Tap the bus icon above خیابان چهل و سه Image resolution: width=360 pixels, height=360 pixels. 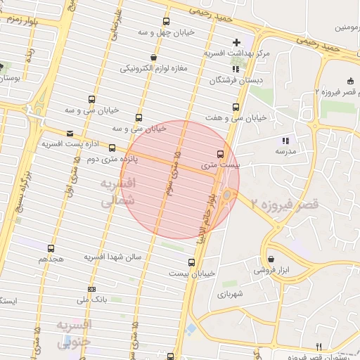click(x=166, y=22)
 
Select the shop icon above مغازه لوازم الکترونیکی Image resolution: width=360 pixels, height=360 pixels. click(x=153, y=58)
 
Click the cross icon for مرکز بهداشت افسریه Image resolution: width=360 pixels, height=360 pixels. click(x=236, y=43)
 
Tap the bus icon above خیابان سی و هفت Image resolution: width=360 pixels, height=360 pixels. click(x=235, y=108)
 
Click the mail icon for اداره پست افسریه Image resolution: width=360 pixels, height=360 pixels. click(x=69, y=134)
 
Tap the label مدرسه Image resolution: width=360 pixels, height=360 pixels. click(x=285, y=151)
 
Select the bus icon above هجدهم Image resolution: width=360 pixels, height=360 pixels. click(x=51, y=248)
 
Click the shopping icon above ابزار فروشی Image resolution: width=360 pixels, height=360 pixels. click(x=271, y=259)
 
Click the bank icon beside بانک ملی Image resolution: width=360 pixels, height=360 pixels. click(x=91, y=289)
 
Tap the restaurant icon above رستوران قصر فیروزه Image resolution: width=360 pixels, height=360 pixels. click(x=319, y=347)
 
